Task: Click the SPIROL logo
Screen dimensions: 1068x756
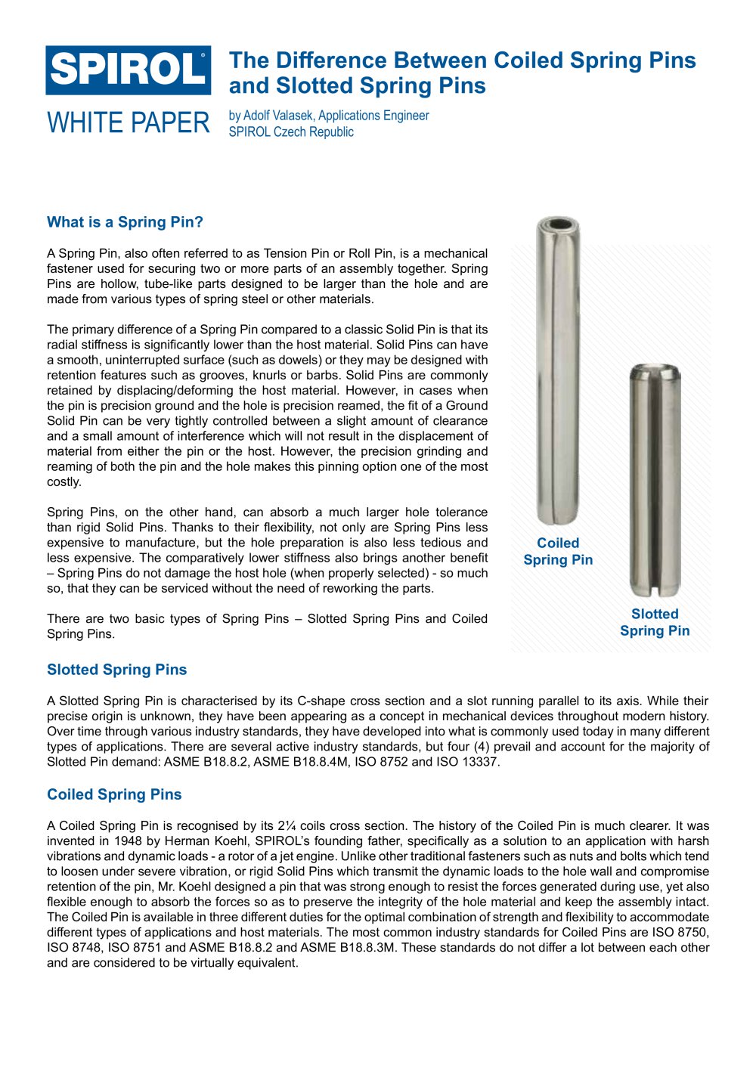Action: [129, 70]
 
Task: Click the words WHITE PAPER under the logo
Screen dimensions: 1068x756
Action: [129, 122]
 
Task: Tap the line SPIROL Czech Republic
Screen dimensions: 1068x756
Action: [291, 132]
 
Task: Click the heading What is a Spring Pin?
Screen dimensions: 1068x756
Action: [125, 222]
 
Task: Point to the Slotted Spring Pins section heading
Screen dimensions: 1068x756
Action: [116, 670]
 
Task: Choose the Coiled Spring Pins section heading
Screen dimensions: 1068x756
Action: [114, 794]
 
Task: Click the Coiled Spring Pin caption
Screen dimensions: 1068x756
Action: [558, 552]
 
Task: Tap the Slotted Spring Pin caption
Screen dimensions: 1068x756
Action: [655, 623]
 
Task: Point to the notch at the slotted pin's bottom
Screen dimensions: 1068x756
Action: [655, 590]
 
